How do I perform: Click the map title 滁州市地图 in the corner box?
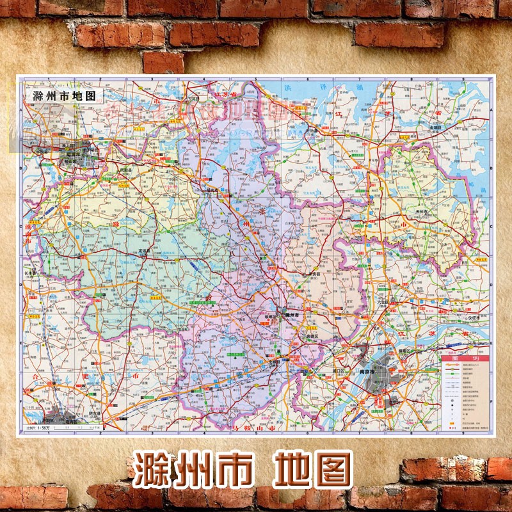pos(63,96)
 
